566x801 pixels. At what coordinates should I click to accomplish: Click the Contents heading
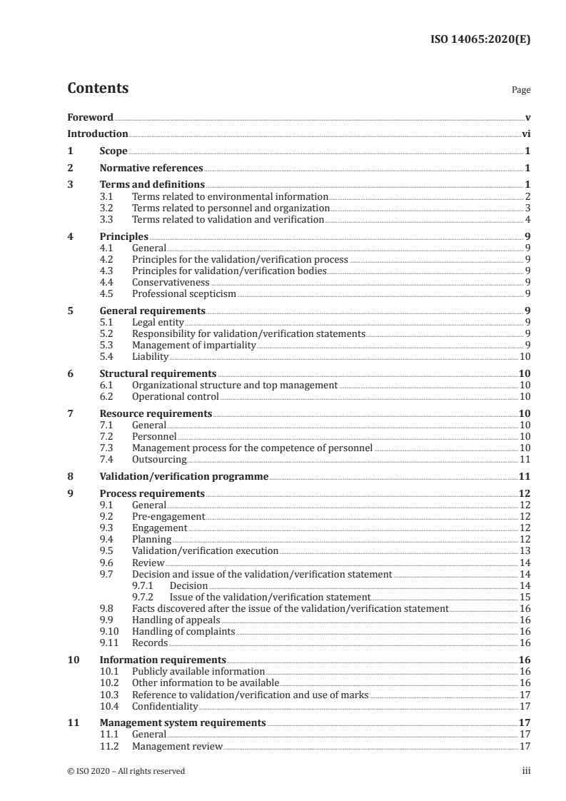tap(98, 89)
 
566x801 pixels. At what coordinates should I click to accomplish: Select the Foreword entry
tap(90, 117)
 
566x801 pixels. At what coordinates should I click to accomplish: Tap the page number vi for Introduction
tap(525, 133)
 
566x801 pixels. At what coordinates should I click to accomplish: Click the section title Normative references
tap(151, 168)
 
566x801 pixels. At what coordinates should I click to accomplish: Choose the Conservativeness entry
tap(171, 282)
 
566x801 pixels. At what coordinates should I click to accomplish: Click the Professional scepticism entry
tap(183, 293)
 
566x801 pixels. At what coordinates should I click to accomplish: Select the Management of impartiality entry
tap(193, 345)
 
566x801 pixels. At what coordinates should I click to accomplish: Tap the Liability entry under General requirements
tap(150, 356)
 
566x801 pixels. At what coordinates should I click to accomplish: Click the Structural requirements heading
tap(157, 373)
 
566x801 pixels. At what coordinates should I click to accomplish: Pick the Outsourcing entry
tap(159, 459)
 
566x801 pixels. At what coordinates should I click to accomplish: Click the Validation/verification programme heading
tap(183, 476)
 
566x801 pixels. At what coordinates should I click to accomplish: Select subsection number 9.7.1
tap(143, 585)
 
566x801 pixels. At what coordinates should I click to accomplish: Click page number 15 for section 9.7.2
tap(524, 597)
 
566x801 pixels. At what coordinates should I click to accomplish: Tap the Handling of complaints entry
tap(183, 631)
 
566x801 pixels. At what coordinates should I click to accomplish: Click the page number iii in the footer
tap(527, 771)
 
